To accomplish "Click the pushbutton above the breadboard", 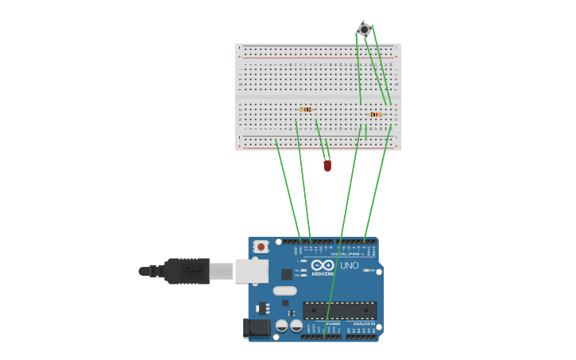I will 364,29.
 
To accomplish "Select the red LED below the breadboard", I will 327,165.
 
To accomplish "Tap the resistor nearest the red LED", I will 306,110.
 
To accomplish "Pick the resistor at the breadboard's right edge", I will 375,114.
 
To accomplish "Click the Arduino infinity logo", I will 323,265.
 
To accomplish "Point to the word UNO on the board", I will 350,265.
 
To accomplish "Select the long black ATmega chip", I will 339,310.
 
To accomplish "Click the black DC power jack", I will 256,327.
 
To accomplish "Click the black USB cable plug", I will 187,271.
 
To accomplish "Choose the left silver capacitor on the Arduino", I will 282,326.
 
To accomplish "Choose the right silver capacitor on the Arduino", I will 296,326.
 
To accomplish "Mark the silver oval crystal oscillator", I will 284,291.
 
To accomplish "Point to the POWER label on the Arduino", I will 333,324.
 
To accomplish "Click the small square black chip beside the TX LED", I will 286,274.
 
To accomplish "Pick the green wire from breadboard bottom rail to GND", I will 288,191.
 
